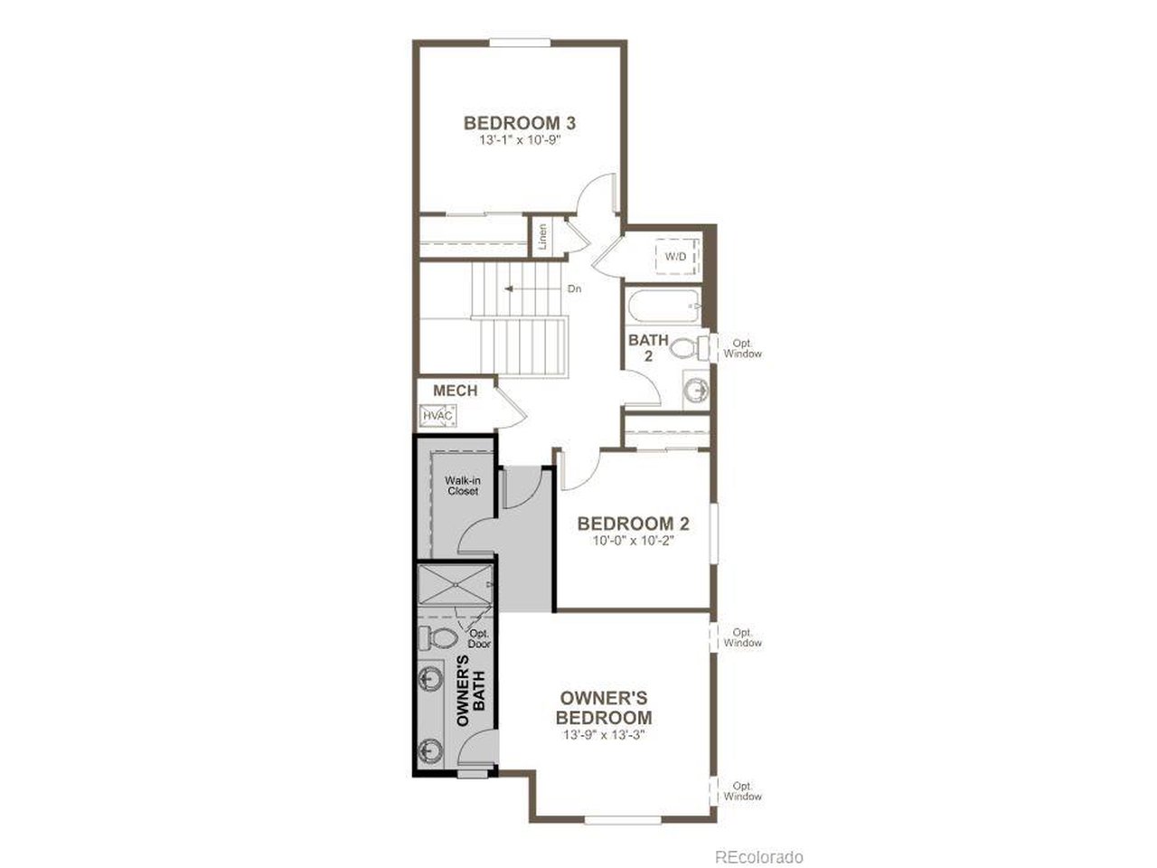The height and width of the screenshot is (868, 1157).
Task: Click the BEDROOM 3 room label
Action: [x=520, y=123]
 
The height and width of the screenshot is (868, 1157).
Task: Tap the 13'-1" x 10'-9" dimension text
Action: [x=520, y=141]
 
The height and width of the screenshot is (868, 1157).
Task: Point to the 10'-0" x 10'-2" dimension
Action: [x=634, y=541]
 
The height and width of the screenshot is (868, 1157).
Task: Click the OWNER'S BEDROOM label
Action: [x=604, y=708]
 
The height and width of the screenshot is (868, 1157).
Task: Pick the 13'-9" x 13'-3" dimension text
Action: [x=604, y=734]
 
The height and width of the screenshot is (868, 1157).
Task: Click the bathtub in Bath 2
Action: [x=664, y=307]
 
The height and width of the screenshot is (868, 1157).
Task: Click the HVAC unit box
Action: [x=438, y=415]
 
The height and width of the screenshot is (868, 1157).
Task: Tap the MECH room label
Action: [x=455, y=391]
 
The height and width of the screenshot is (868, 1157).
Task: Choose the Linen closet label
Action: [x=542, y=237]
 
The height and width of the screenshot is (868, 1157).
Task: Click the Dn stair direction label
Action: [x=574, y=289]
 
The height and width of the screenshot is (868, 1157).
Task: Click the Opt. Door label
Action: [x=479, y=639]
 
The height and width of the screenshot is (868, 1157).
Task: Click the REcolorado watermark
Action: [x=758, y=856]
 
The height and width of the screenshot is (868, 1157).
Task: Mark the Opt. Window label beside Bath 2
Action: [x=742, y=348]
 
